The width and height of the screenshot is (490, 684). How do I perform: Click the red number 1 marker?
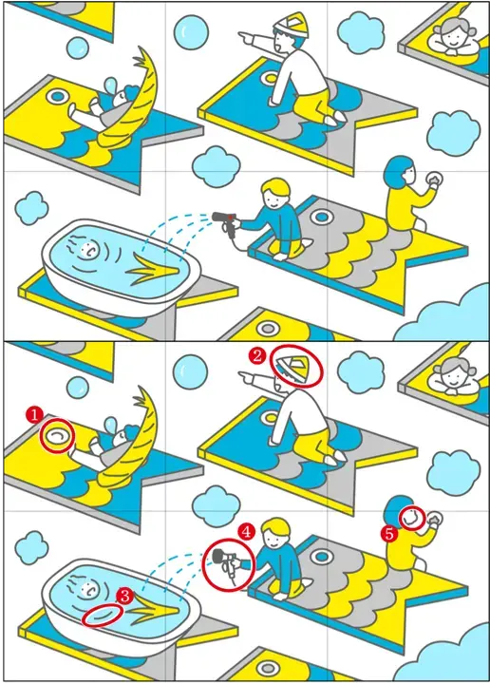34,414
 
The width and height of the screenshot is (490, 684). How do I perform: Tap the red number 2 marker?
256,356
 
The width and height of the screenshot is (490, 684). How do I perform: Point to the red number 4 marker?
246,531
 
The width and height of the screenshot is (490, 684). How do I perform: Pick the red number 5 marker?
389,534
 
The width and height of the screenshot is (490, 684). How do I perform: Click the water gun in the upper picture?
225,222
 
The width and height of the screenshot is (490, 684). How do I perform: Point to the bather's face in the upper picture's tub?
88,250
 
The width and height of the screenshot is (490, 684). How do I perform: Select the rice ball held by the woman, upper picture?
434,179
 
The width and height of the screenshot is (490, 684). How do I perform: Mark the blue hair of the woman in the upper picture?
396,172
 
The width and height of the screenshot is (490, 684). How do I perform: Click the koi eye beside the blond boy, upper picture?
321,216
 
